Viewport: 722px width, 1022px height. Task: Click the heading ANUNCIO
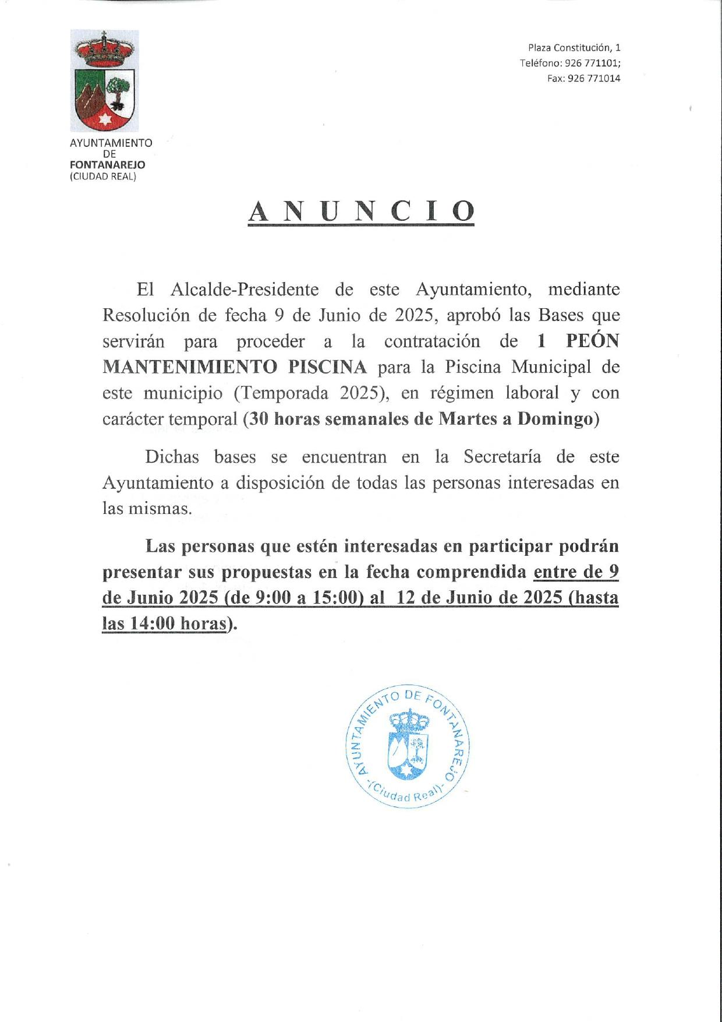tap(361, 212)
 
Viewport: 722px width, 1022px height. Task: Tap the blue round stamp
tap(408, 746)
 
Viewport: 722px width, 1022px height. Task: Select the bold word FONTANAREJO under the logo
tap(107, 165)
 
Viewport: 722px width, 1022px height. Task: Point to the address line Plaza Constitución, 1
tap(574, 48)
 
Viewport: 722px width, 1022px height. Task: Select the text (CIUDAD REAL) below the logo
tap(102, 177)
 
